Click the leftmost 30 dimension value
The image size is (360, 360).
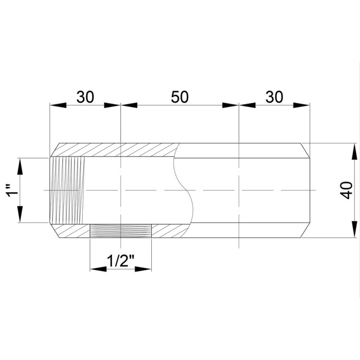point(85,97)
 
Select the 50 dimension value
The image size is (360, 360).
point(180,97)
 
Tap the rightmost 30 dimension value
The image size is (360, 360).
point(274,97)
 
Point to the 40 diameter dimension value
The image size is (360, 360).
point(347,190)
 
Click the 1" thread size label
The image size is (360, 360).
point(12,190)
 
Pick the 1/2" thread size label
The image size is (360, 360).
point(120,261)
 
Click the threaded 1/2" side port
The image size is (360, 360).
point(120,231)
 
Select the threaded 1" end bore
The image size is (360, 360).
point(67,190)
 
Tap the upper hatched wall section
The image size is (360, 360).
point(115,150)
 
